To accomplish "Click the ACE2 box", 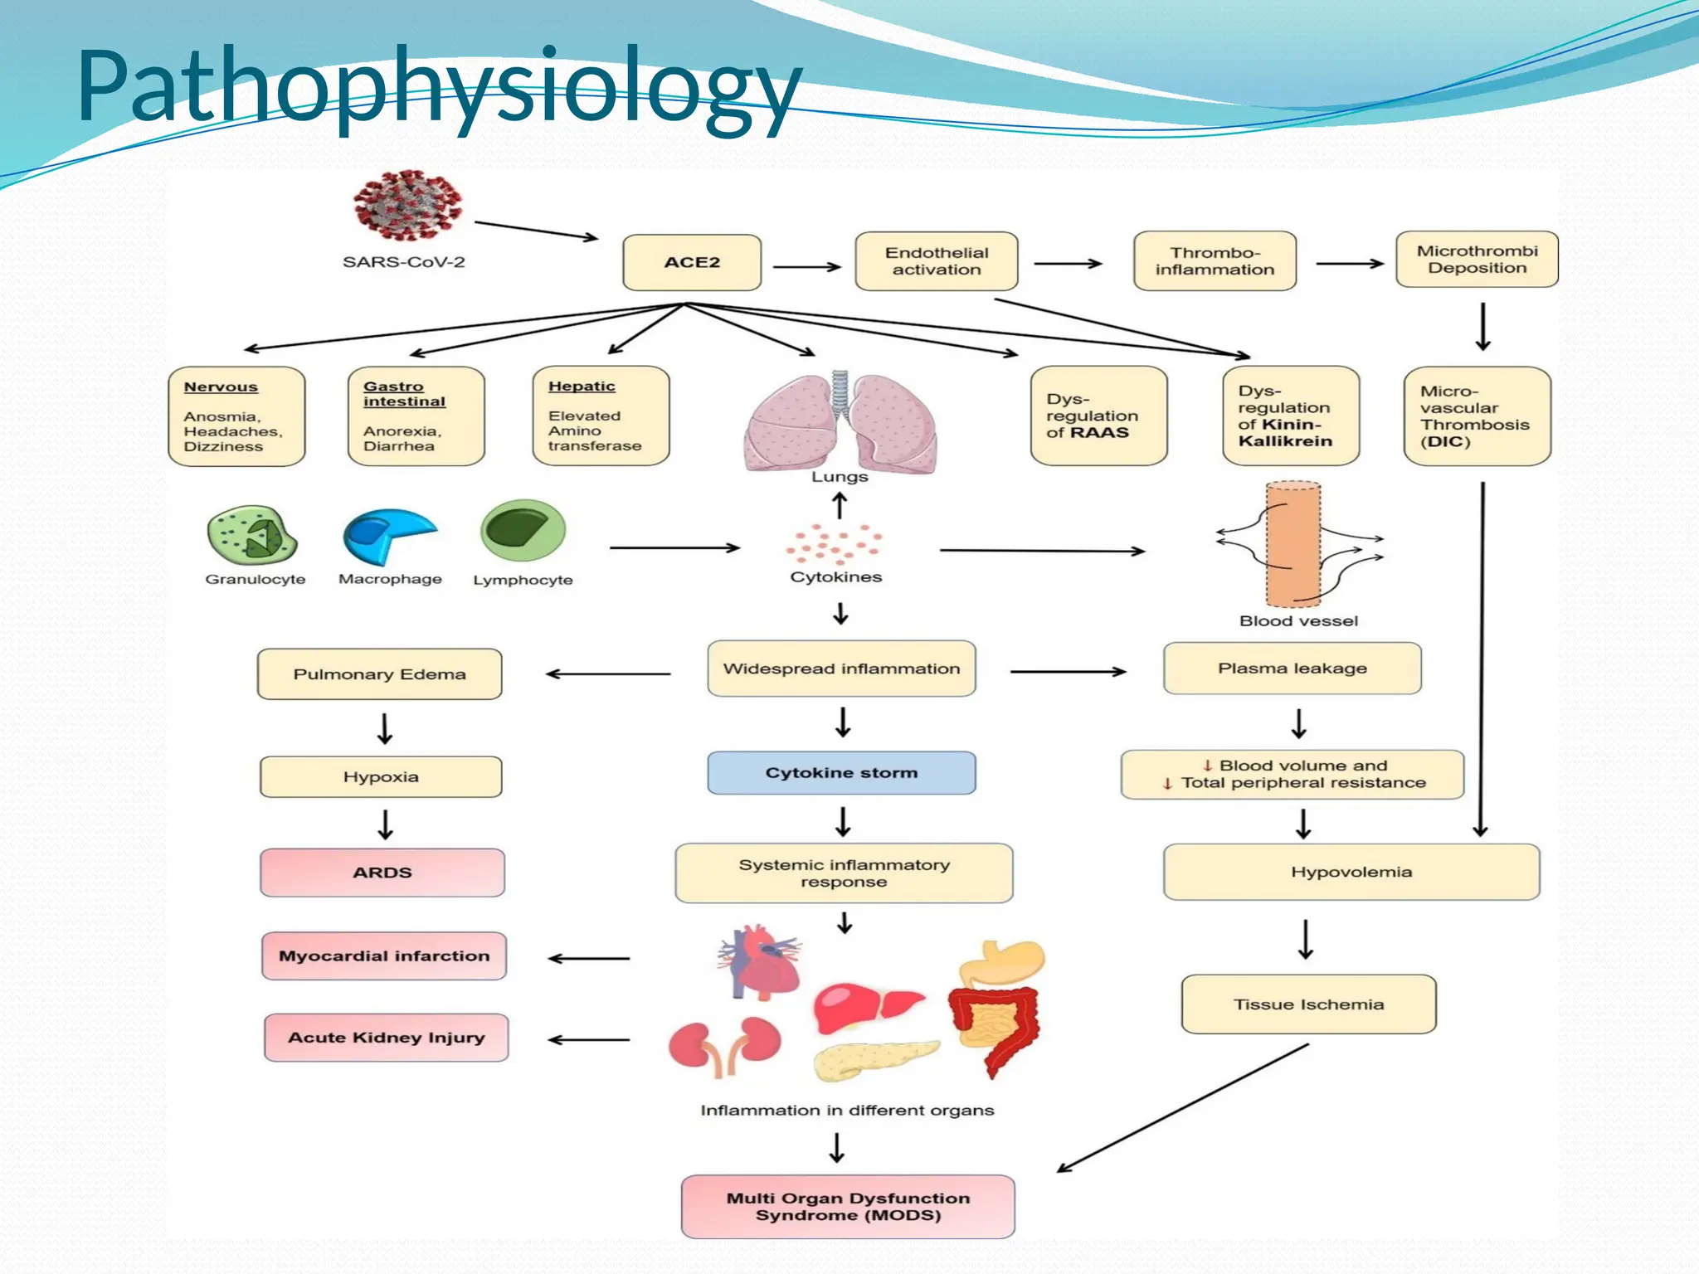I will [692, 262].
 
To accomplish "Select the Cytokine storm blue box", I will [841, 773].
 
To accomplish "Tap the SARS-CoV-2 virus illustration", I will [407, 206].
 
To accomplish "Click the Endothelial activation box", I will [937, 261].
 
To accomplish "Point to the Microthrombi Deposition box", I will [1477, 260].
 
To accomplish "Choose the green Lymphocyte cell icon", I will [523, 531].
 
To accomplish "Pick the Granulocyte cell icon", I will [252, 536].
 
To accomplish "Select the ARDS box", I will [382, 873].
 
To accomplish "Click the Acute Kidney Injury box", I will [387, 1038].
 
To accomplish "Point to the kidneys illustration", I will [725, 1044].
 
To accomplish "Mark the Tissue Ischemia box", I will [1308, 1004].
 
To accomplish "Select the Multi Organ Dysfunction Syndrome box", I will [848, 1207].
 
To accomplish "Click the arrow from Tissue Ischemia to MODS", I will [1182, 1108].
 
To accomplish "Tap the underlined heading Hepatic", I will [582, 387].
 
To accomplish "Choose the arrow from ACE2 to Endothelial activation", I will [806, 267].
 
